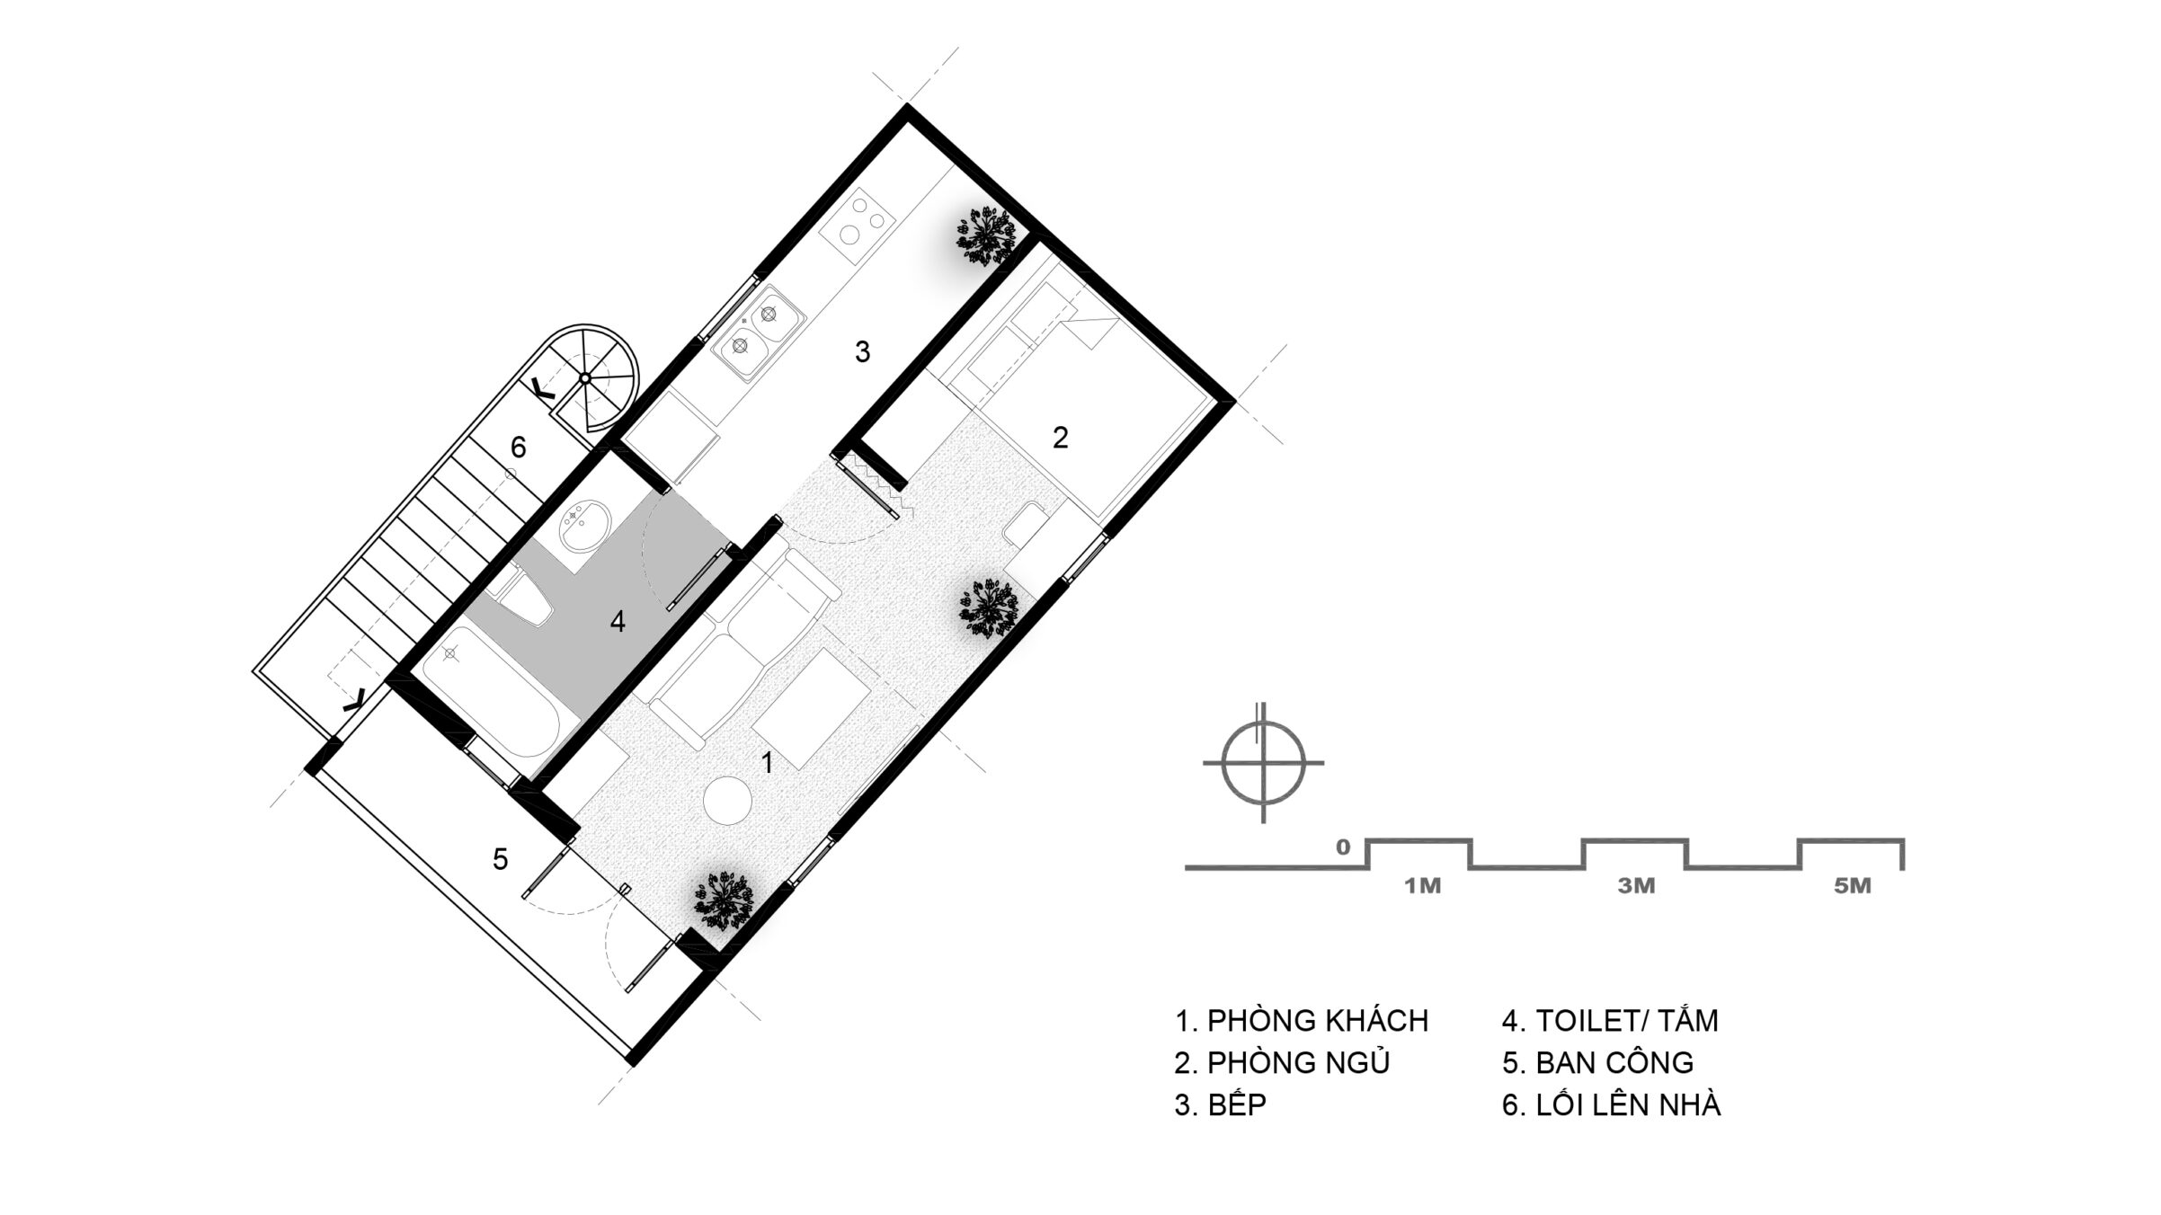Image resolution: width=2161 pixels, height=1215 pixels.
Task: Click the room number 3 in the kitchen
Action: point(862,352)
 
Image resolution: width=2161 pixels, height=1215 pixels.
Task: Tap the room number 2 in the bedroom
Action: point(1061,438)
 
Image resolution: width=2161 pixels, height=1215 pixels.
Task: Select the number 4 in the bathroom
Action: point(618,621)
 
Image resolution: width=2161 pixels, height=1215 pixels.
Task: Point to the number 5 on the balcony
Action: point(501,859)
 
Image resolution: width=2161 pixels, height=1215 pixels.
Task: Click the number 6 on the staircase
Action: point(518,447)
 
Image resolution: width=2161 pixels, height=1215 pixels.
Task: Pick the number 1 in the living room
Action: point(767,763)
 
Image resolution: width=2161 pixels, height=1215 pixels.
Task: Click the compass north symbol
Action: point(1263,762)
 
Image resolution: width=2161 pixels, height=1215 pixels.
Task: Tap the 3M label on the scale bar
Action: point(1636,886)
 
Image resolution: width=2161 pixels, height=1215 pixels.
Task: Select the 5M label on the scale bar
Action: point(1852,886)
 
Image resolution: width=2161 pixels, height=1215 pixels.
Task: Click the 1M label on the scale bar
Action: point(1423,886)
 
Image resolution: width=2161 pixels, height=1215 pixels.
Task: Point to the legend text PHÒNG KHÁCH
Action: point(1318,1021)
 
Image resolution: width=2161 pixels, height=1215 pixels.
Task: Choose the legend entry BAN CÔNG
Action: point(1614,1063)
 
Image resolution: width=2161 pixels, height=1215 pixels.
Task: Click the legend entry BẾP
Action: point(1237,1104)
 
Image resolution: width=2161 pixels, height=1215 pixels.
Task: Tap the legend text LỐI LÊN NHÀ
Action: point(1628,1104)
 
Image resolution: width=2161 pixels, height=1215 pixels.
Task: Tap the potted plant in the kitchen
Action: point(987,235)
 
